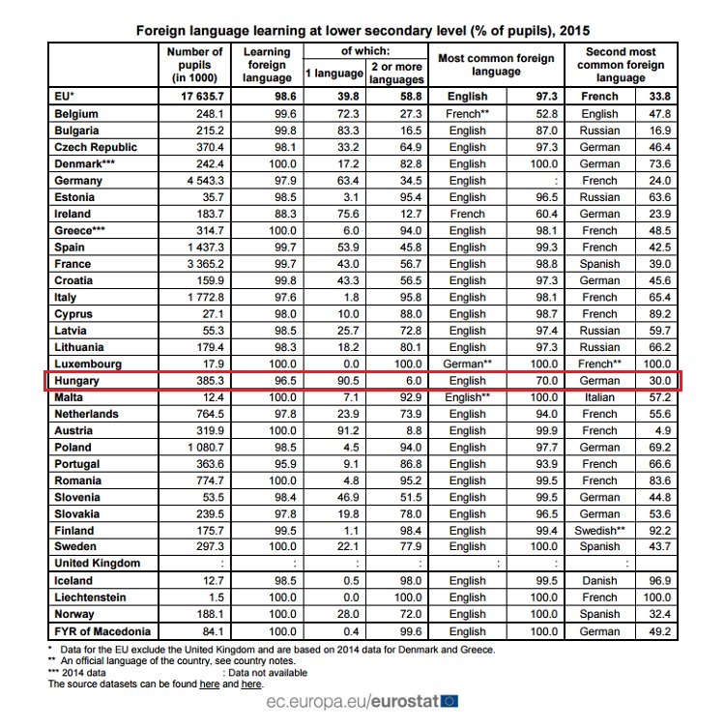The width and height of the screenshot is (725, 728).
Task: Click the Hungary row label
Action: tap(76, 381)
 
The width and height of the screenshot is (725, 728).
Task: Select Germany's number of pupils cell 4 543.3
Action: tap(205, 181)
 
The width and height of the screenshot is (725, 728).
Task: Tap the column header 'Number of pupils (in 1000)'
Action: tap(194, 65)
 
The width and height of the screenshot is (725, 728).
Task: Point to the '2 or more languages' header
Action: tap(396, 73)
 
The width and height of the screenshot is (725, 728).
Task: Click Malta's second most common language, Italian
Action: tap(599, 397)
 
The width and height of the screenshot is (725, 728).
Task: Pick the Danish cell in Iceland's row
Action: tap(599, 581)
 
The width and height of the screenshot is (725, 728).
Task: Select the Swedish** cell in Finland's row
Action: tap(599, 531)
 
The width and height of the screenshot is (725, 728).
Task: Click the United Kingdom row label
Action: tap(97, 564)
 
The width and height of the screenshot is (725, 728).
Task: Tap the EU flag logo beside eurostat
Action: tap(449, 701)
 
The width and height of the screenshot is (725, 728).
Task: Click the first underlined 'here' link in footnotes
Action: tap(210, 684)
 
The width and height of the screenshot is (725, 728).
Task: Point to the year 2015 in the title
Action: tap(574, 31)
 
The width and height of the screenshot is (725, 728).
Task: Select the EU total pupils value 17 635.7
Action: tap(202, 97)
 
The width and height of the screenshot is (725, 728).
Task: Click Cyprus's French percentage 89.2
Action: tap(659, 314)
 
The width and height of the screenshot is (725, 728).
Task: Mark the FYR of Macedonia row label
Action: tap(102, 631)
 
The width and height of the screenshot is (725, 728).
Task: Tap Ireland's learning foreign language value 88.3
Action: tap(285, 214)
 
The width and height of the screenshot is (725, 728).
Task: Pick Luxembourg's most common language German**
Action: tap(467, 364)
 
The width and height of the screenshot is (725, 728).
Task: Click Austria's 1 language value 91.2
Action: tap(348, 431)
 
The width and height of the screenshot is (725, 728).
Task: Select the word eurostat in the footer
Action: tap(405, 701)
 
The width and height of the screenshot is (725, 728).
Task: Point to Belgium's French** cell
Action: tap(467, 114)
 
